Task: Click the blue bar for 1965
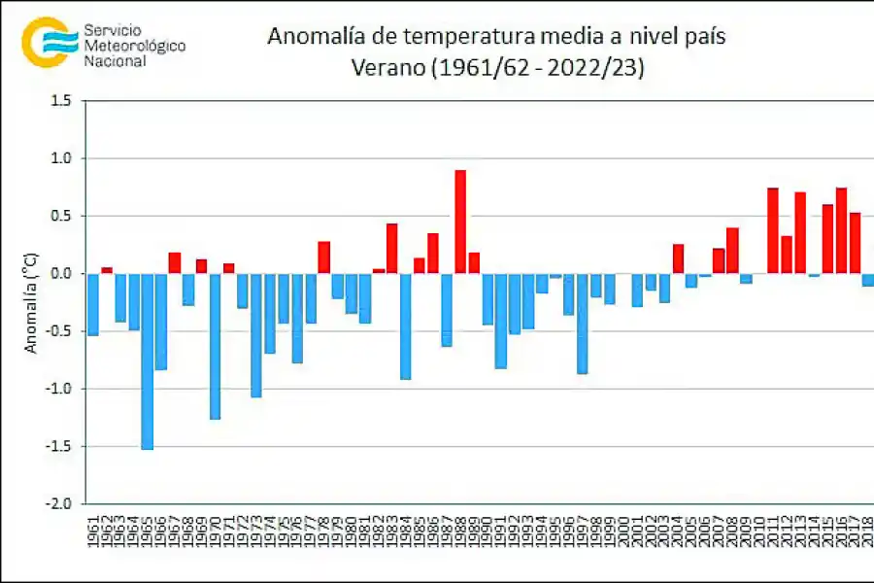[x=148, y=360]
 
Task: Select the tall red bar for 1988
[x=460, y=222]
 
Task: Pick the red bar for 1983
[x=392, y=249]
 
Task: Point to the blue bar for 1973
[x=256, y=335]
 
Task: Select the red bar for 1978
[x=324, y=257]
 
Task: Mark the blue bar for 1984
[x=406, y=326]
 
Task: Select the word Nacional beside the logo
[x=116, y=61]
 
